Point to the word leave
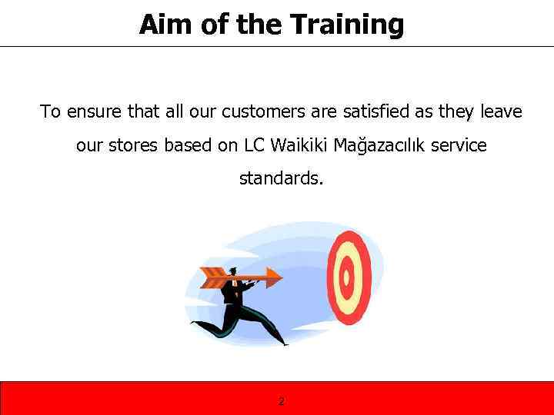501,112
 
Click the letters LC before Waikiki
255,145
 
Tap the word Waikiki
301,145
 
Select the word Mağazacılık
389,146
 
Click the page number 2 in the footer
281,401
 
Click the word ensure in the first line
95,112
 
